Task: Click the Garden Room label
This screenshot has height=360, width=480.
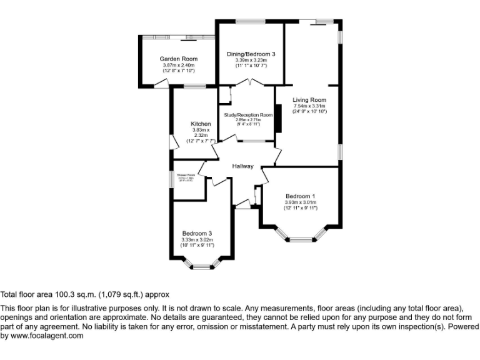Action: point(178,59)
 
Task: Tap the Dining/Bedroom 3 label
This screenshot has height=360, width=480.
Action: point(251,54)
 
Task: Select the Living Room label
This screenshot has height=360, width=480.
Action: point(309,100)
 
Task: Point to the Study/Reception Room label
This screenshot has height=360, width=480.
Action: point(249,115)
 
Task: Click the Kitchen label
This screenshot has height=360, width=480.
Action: point(201,124)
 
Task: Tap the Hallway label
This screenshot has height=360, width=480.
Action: point(243,166)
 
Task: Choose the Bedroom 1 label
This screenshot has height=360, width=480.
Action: point(300,196)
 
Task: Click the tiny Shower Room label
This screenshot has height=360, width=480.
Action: point(186,176)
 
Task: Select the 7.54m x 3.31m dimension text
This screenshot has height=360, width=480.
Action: point(309,106)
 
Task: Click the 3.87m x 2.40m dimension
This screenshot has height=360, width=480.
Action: point(178,65)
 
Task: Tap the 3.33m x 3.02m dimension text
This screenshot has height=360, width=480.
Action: point(197,239)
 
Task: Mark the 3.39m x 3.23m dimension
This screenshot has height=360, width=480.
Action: point(251,60)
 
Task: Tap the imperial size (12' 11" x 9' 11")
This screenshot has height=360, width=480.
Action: point(300,208)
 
